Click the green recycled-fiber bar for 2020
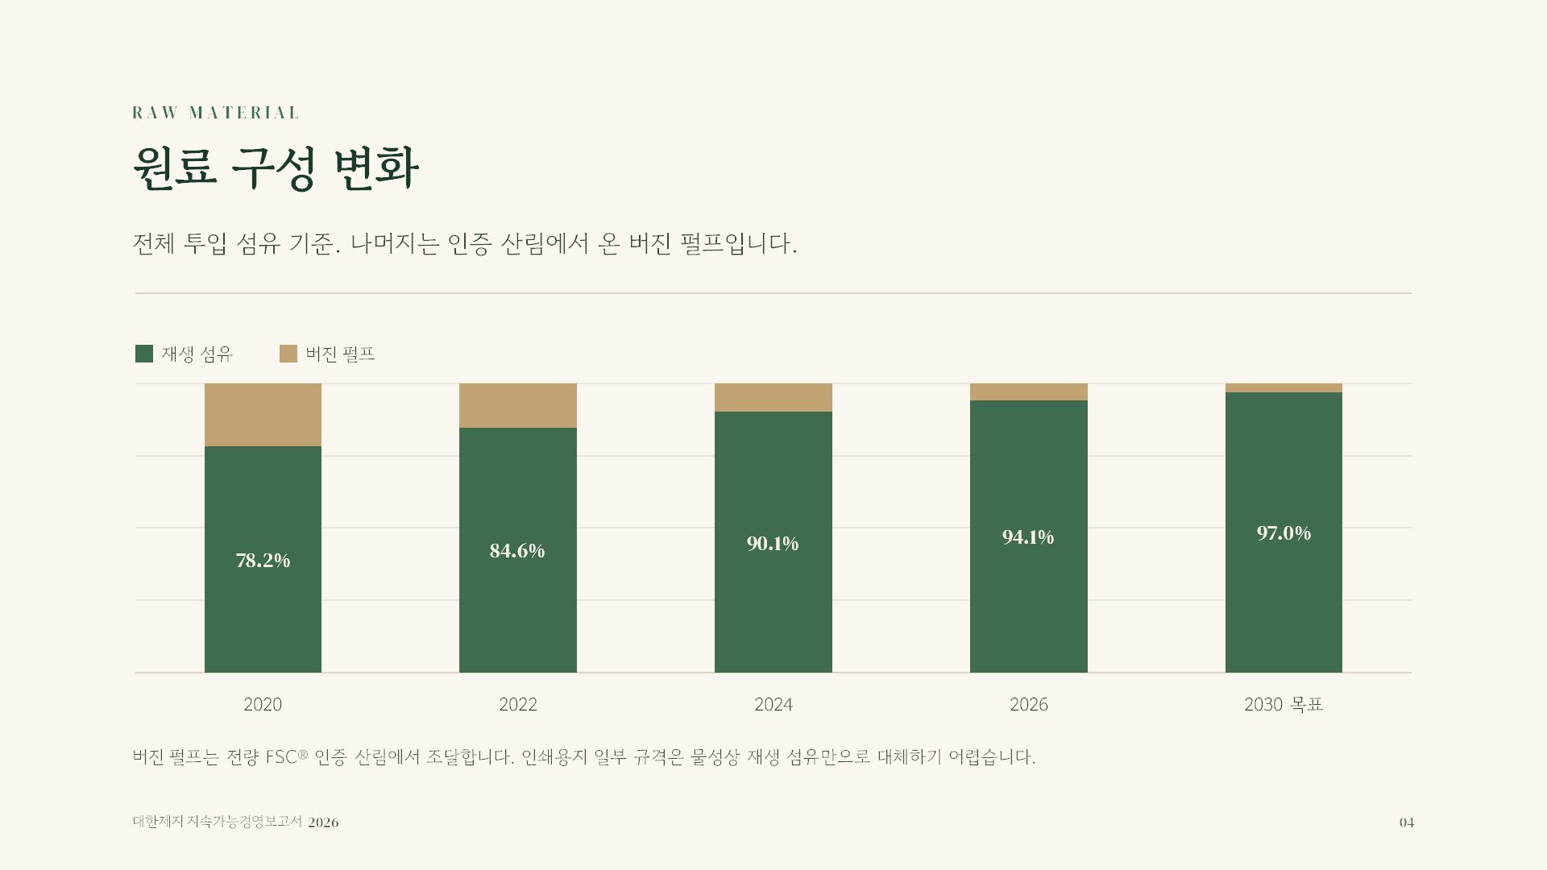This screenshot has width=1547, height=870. click(x=263, y=559)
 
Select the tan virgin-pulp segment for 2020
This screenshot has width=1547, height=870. click(x=263, y=415)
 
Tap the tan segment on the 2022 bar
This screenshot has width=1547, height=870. click(x=518, y=405)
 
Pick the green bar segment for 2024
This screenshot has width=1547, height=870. click(x=773, y=542)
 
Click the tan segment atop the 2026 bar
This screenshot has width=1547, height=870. click(x=1029, y=391)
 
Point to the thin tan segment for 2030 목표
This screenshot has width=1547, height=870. click(x=1284, y=387)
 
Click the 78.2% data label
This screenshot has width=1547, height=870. click(x=263, y=560)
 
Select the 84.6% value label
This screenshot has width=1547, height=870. click(x=517, y=550)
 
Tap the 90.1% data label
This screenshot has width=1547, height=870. click(x=773, y=544)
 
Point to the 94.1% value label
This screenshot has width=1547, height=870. click(x=1028, y=536)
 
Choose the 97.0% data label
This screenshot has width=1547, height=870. click(x=1284, y=532)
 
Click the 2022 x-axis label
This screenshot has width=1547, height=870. click(x=517, y=704)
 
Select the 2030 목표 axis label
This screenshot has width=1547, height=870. click(x=1284, y=704)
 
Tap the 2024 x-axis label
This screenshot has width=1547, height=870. click(x=773, y=704)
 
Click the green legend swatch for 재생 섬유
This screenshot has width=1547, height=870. click(x=144, y=354)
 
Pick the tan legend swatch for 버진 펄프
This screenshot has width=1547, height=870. click(x=288, y=354)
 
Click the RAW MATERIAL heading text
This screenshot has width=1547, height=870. click(x=215, y=113)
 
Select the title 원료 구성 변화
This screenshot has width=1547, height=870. click(x=276, y=168)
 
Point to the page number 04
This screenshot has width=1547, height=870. click(x=1407, y=822)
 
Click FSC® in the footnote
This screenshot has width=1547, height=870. click(x=287, y=756)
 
